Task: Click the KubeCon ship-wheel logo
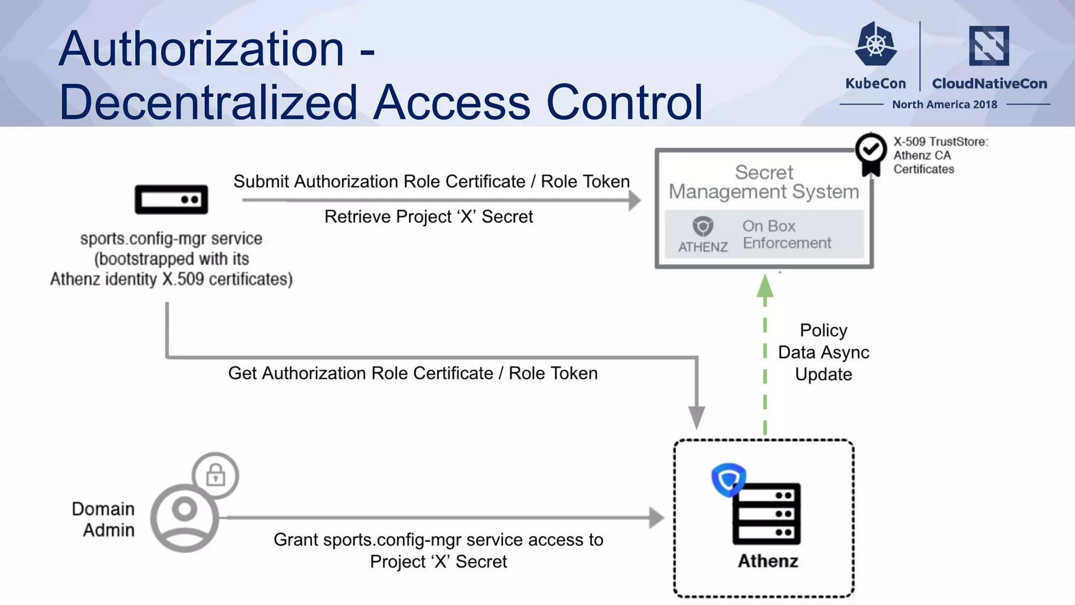(x=875, y=44)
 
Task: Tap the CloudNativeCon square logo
(x=989, y=46)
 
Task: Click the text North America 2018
(x=944, y=105)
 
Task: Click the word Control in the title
(x=624, y=102)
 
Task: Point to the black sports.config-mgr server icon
(x=171, y=200)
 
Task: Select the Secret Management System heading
(x=764, y=182)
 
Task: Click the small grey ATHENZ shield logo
(x=703, y=227)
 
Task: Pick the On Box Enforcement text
(x=786, y=234)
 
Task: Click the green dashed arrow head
(x=765, y=288)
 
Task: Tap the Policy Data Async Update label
(x=823, y=352)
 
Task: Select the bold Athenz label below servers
(x=767, y=561)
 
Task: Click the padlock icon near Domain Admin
(x=215, y=475)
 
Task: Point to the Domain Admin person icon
(x=184, y=518)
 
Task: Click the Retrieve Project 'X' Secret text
(x=428, y=216)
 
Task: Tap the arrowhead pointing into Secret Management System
(x=635, y=200)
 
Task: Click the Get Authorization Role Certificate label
(x=413, y=373)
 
